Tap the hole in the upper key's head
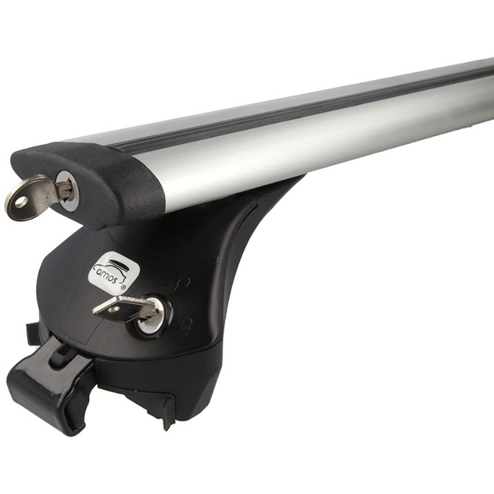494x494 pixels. click(21, 201)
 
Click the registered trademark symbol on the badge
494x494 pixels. click(123, 287)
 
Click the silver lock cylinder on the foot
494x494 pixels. click(153, 315)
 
